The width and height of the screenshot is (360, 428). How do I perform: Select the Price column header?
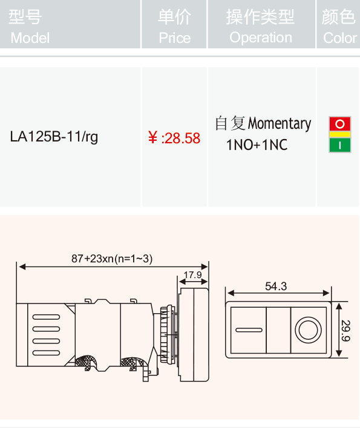click(174, 27)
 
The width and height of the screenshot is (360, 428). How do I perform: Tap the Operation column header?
click(261, 27)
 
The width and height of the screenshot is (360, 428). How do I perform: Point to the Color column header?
click(339, 27)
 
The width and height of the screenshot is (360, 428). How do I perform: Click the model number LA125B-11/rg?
click(54, 137)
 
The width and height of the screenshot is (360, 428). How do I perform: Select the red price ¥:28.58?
click(174, 138)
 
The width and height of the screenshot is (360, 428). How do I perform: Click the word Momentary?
click(280, 124)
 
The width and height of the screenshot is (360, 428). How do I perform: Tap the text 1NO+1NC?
click(257, 144)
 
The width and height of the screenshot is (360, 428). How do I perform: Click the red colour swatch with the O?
click(340, 124)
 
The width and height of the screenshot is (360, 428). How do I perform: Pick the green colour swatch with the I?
click(340, 145)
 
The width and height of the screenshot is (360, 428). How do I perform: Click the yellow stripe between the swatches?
click(340, 134)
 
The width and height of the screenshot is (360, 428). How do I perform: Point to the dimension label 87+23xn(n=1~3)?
click(112, 259)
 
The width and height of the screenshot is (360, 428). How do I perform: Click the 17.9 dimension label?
click(193, 275)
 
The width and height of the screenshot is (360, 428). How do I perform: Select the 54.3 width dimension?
click(276, 287)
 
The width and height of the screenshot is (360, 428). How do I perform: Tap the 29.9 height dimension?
click(346, 331)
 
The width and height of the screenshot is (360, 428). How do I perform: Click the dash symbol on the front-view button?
click(249, 330)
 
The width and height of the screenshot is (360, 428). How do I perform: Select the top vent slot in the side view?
click(46, 317)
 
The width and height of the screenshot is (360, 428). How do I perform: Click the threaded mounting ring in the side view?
click(166, 334)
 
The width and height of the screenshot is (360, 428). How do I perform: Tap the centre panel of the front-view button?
click(278, 330)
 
